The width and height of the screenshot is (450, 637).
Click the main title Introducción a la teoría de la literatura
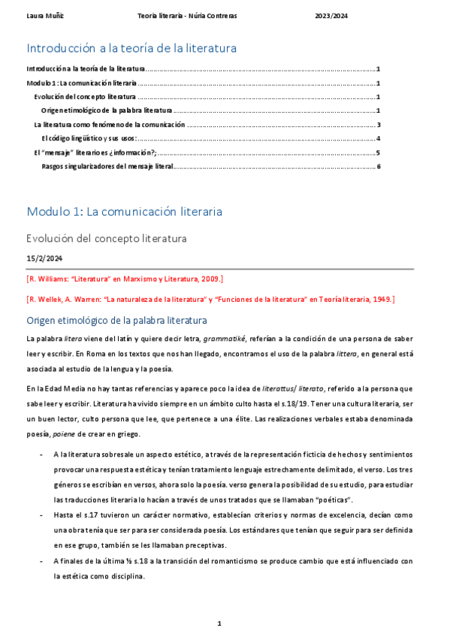pyautogui.click(x=131, y=48)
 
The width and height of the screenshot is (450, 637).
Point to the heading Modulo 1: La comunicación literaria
pyautogui.click(x=124, y=212)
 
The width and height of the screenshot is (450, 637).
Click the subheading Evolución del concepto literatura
pyautogui.click(x=106, y=239)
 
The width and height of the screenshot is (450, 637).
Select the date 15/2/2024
pyautogui.click(x=45, y=258)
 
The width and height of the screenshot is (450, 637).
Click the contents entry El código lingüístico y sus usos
pyautogui.click(x=89, y=138)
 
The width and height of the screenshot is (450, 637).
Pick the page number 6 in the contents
pyautogui.click(x=379, y=165)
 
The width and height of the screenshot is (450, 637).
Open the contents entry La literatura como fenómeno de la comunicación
pyautogui.click(x=110, y=125)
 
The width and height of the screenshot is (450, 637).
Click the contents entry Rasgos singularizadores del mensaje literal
pyautogui.click(x=107, y=165)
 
